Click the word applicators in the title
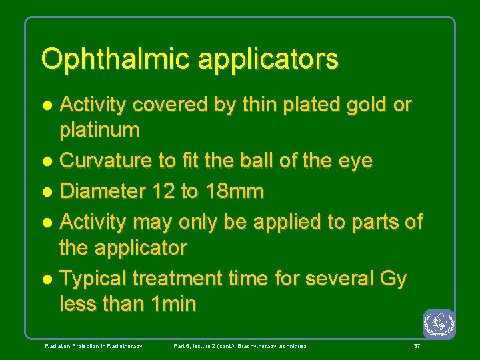point(268,59)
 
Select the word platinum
point(99,130)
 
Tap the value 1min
point(174,304)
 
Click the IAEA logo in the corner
point(439,325)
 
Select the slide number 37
point(417,346)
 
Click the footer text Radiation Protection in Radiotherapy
point(93,346)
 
